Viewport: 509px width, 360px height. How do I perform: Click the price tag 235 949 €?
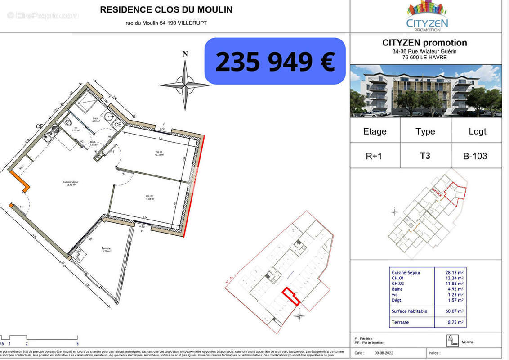pos(275,61)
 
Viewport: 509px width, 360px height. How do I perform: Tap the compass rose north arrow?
pos(185,83)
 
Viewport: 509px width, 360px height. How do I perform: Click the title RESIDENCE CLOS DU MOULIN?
pos(166,9)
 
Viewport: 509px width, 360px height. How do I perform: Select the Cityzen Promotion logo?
pos(427,16)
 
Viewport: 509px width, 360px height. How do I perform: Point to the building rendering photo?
pos(425,91)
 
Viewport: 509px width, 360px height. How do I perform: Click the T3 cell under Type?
pos(425,156)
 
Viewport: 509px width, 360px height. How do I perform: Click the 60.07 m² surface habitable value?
pos(454,311)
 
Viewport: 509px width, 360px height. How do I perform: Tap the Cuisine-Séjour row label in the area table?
pos(406,273)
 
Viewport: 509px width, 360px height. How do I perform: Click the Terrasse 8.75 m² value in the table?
pos(456,322)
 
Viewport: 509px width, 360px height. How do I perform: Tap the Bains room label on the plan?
pos(95,120)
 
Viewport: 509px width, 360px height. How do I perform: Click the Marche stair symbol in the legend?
pos(452,341)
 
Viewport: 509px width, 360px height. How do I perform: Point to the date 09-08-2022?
pos(384,353)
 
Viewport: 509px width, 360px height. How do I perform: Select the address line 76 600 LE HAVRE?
pos(424,57)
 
